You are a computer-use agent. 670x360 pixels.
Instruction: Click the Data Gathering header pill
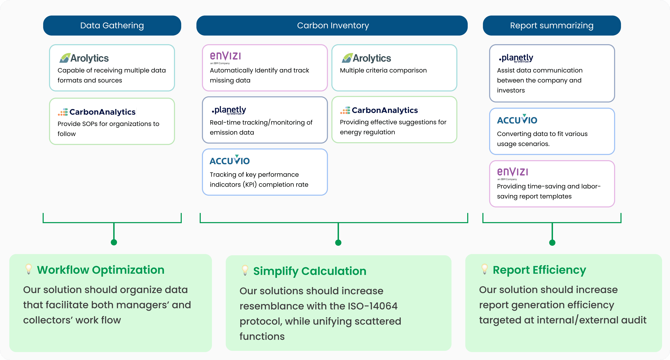click(112, 26)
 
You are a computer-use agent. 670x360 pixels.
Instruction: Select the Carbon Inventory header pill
click(332, 26)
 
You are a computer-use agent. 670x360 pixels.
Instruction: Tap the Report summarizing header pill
click(552, 26)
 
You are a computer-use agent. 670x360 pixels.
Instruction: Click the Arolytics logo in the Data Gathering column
click(84, 58)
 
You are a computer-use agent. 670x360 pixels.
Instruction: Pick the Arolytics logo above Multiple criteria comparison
click(366, 58)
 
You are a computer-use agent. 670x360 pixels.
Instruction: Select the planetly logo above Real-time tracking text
click(229, 110)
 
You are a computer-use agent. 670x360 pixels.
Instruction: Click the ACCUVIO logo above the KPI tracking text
click(230, 160)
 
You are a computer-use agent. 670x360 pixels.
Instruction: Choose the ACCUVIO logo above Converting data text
click(517, 119)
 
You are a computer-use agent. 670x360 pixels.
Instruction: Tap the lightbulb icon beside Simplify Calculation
click(245, 270)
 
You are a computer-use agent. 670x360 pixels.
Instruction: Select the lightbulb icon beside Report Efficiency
click(485, 269)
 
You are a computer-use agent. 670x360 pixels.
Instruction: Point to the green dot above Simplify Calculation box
click(338, 243)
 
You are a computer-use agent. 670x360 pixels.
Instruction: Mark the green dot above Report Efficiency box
click(552, 243)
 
